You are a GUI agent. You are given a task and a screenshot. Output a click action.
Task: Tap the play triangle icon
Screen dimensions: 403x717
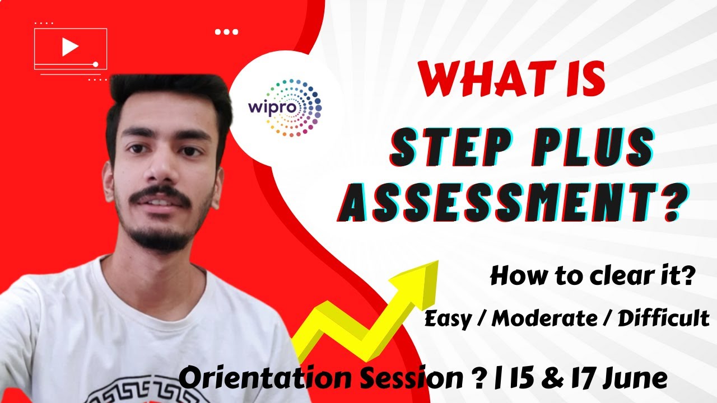pos(69,47)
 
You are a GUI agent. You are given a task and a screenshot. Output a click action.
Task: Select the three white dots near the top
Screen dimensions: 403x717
pos(227,32)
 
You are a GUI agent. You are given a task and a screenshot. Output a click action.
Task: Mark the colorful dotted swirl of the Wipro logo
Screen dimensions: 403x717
pos(302,106)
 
